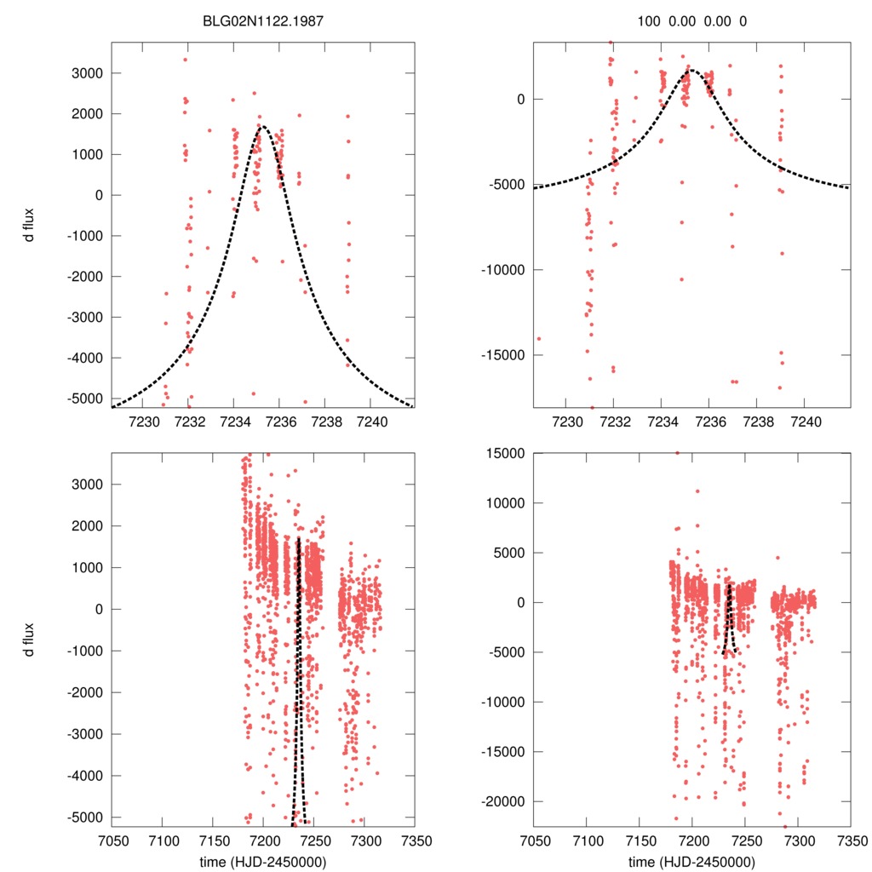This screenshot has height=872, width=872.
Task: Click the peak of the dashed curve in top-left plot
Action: pos(263,128)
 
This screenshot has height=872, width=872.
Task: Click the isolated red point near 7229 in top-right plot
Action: pos(538,338)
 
